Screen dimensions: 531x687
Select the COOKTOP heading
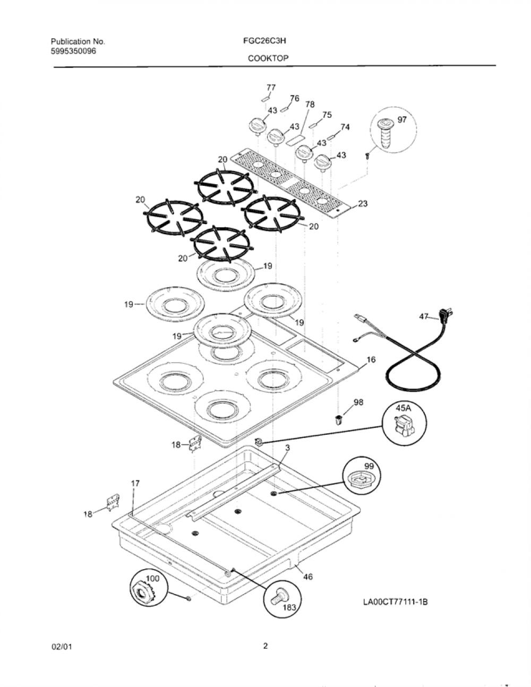point(268,58)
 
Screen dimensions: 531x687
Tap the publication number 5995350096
point(73,50)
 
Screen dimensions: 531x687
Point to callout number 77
point(271,88)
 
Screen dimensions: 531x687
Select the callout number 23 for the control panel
point(363,203)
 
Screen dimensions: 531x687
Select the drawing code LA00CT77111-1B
point(396,602)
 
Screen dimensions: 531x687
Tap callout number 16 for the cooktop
point(371,359)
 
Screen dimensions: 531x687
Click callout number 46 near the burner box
point(308,577)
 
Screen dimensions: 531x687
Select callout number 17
point(135,492)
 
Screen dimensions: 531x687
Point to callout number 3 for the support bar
point(287,448)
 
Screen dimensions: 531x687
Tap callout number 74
point(345,127)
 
